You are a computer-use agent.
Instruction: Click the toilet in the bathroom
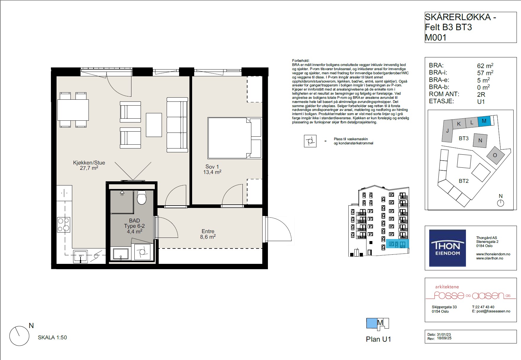pyautogui.click(x=142, y=197)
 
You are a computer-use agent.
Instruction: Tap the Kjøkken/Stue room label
pyautogui.click(x=89, y=163)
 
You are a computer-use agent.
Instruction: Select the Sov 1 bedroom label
pyautogui.click(x=212, y=167)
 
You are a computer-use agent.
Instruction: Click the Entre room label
pyautogui.click(x=208, y=231)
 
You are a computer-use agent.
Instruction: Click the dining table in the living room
pyautogui.click(x=73, y=110)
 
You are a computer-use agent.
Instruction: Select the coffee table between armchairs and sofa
pyautogui.click(x=154, y=125)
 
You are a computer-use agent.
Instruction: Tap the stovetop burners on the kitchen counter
pyautogui.click(x=64, y=225)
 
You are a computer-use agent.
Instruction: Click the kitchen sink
pyautogui.click(x=80, y=256)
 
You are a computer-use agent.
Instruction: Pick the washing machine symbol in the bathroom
pyautogui.click(x=142, y=252)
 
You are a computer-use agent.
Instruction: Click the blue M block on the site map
pyautogui.click(x=484, y=121)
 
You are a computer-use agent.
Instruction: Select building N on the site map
pyautogui.click(x=480, y=141)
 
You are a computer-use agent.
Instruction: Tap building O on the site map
pyautogui.click(x=495, y=155)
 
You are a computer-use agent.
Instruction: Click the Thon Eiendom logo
pyautogui.click(x=448, y=248)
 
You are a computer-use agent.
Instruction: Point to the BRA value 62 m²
pyautogui.click(x=485, y=66)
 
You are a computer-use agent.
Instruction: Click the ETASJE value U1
pyautogui.click(x=481, y=101)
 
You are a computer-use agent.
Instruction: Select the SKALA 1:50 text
pyautogui.click(x=52, y=338)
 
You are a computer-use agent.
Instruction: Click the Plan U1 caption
pyautogui.click(x=378, y=339)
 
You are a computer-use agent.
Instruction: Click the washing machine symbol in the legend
pyautogui.click(x=310, y=141)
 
